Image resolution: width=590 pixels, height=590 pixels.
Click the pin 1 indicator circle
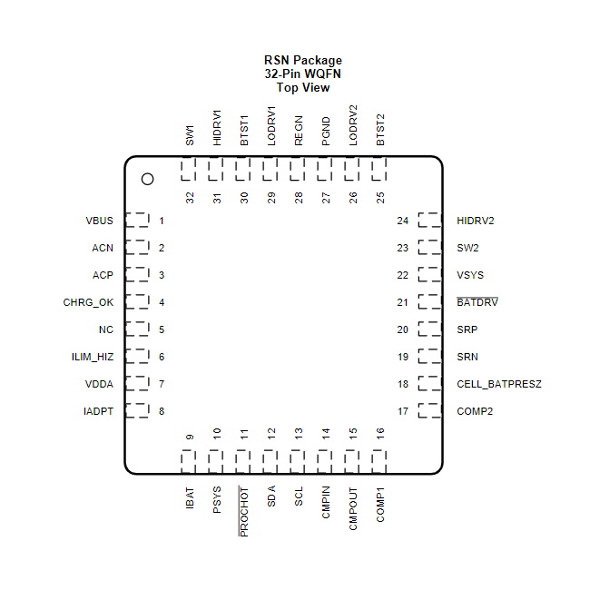point(147,179)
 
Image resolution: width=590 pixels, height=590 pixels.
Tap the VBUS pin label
point(99,221)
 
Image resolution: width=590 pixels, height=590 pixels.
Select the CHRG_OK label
point(88,302)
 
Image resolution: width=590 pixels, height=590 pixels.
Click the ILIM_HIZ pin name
point(93,357)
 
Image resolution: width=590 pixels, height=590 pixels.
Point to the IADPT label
point(98,411)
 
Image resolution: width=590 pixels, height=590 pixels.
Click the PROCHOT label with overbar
point(243,511)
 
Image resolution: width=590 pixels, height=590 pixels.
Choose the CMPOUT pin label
point(353,508)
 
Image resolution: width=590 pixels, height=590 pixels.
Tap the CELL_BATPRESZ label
point(499,384)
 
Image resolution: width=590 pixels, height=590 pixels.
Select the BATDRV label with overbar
point(477,301)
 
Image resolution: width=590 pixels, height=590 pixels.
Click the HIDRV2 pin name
point(476,221)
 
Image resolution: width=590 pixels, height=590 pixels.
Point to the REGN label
point(299,131)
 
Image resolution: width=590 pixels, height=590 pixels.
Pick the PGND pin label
point(326,132)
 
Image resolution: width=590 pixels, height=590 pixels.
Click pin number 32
point(190,198)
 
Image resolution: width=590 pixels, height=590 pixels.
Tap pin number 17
point(403,411)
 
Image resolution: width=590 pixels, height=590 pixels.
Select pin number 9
point(190,437)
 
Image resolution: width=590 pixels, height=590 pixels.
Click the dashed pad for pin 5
point(137,329)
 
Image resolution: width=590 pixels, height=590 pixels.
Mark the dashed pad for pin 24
point(429,221)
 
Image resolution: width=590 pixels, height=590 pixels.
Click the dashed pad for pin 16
point(379,462)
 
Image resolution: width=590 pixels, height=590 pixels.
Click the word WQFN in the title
point(322,74)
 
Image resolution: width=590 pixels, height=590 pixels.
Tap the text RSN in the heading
point(277,60)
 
